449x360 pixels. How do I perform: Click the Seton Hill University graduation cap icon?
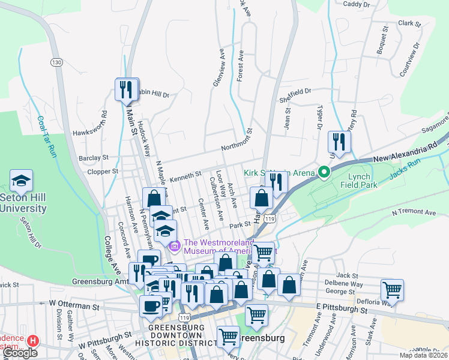pyautogui.click(x=21, y=181)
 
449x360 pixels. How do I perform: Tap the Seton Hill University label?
pyautogui.click(x=23, y=203)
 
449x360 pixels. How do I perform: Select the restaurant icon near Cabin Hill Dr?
pyautogui.click(x=127, y=90)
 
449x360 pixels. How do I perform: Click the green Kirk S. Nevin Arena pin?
pyautogui.click(x=324, y=173)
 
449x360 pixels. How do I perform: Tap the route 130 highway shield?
pyautogui.click(x=56, y=62)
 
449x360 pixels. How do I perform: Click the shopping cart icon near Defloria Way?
pyautogui.click(x=392, y=290)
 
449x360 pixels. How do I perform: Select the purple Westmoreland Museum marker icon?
pyautogui.click(x=175, y=245)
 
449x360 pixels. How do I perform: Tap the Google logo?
pyautogui.click(x=20, y=353)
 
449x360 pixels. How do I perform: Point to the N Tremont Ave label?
pyautogui.click(x=414, y=212)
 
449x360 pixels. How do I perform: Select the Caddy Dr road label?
pyautogui.click(x=356, y=4)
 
